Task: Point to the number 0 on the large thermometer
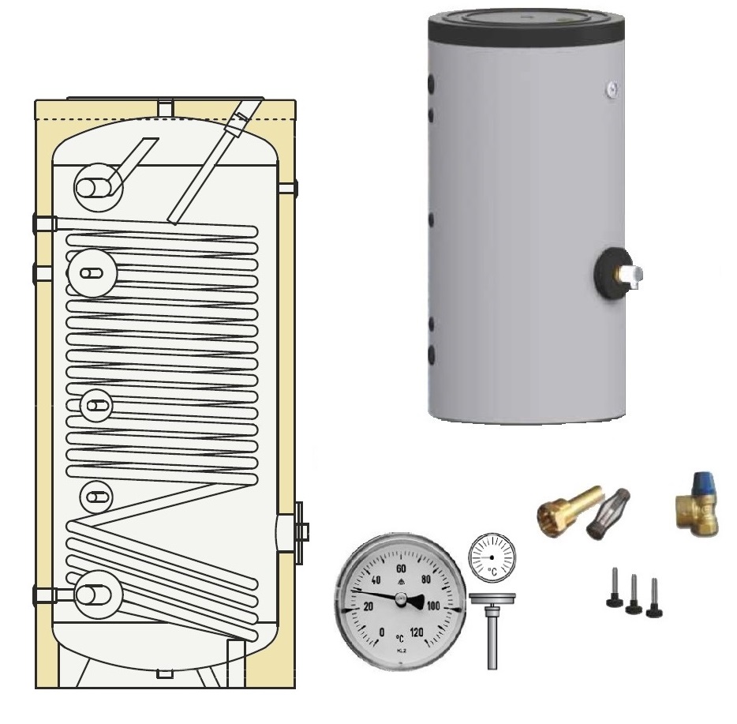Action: (x=382, y=632)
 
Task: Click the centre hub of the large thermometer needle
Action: (x=401, y=602)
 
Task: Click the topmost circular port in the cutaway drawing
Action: (x=95, y=186)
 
